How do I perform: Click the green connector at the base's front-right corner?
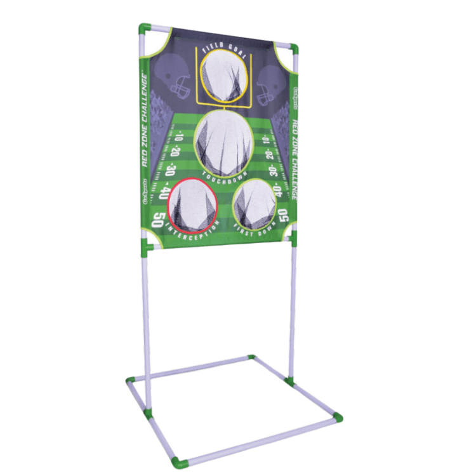pos(338,418)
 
